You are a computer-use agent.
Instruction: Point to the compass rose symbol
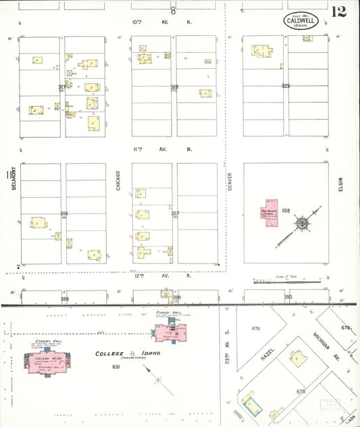point(302,223)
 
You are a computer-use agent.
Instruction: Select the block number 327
point(62,86)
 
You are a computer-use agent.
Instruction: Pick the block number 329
point(286,86)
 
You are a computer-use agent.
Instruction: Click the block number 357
point(175,214)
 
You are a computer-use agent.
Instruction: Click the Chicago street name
point(118,179)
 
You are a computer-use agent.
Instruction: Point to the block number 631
point(116,366)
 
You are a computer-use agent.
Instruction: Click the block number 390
point(287,297)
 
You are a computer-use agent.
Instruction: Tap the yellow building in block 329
point(261,51)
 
